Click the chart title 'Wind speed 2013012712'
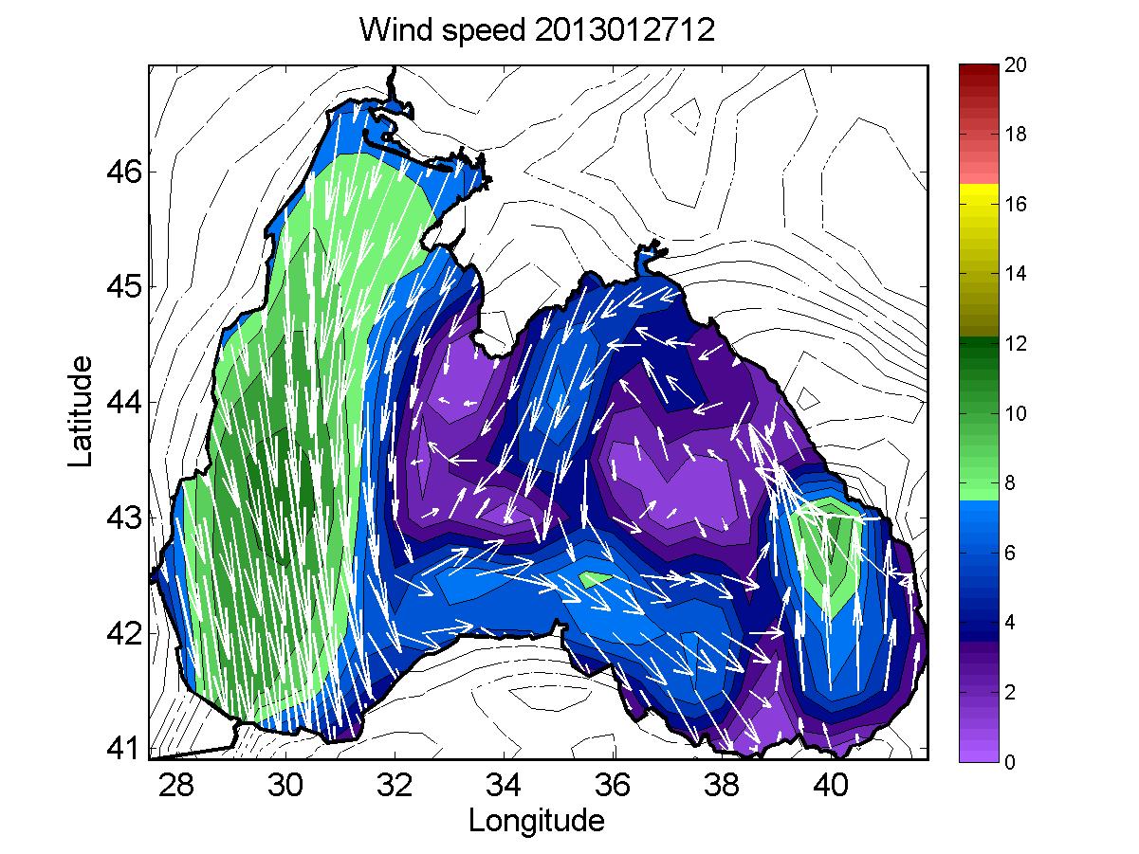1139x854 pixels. click(536, 31)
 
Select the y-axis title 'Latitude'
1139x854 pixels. click(83, 411)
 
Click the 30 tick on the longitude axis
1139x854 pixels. click(285, 786)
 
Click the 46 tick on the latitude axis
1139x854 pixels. click(122, 173)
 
